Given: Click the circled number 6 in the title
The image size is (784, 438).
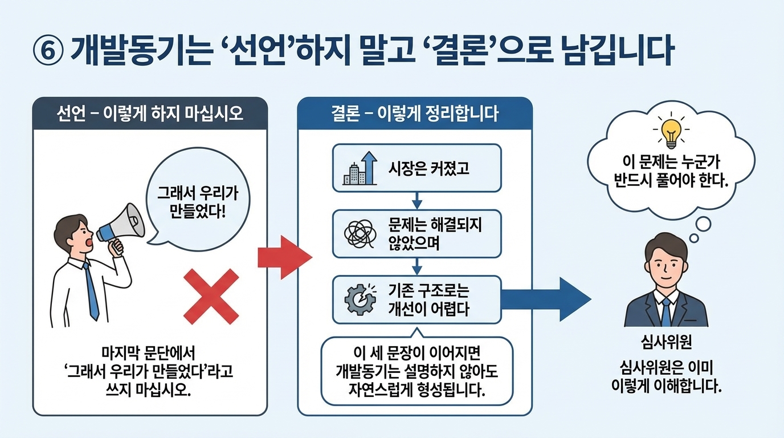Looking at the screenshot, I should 47,52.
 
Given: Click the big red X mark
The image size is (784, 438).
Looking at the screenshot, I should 211,297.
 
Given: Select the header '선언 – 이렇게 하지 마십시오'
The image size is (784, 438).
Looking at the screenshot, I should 150,113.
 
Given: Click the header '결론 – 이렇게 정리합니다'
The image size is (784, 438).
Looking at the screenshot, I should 415,113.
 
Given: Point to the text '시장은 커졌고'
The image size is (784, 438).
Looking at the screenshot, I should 428,168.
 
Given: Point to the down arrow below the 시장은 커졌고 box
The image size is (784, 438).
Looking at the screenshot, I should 416,201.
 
